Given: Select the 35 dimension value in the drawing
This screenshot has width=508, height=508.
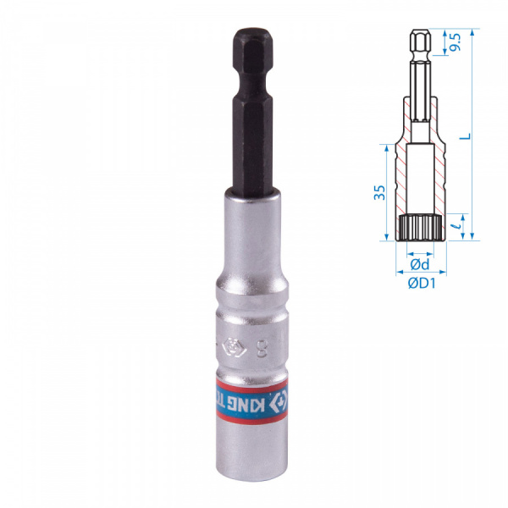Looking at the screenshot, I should [382, 193].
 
